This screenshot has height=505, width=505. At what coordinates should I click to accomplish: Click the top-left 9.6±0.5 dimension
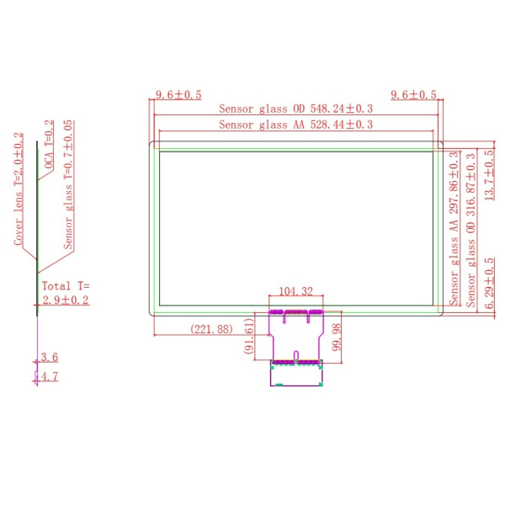click(178, 94)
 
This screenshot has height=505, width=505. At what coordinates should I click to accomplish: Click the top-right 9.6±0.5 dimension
click(413, 94)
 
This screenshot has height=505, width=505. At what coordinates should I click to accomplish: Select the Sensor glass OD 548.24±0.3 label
click(295, 109)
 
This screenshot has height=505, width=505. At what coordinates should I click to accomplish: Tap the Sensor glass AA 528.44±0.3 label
click(295, 125)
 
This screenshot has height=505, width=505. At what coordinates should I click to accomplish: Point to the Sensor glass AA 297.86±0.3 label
click(454, 228)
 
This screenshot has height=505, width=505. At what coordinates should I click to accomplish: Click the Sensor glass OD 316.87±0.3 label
click(470, 230)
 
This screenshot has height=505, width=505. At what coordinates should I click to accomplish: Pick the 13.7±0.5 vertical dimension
click(489, 175)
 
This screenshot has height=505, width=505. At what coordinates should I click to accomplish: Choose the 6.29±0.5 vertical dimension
click(489, 283)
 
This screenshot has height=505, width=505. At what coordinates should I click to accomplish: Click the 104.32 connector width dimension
click(295, 291)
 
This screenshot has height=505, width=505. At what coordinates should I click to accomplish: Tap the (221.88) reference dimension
click(211, 329)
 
